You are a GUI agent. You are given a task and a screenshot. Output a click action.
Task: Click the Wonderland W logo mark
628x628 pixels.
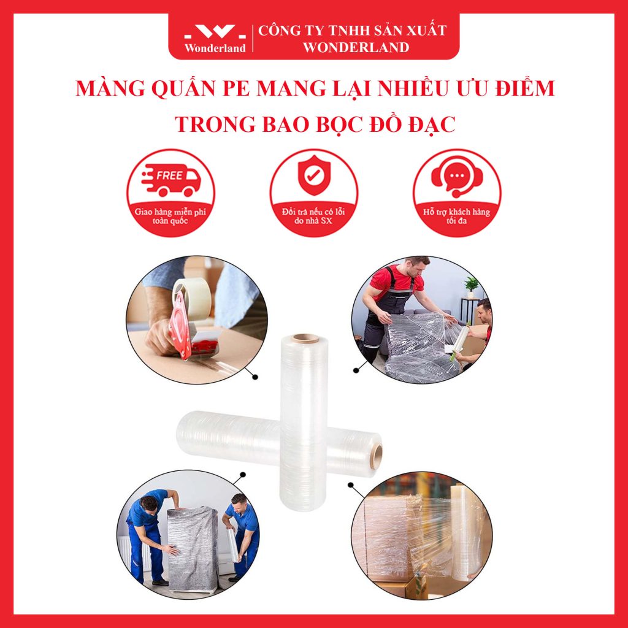[x=215, y=32]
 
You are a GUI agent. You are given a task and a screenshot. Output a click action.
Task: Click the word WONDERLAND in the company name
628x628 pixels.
[x=356, y=47]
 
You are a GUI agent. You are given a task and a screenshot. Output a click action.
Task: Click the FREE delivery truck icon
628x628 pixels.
[x=171, y=180]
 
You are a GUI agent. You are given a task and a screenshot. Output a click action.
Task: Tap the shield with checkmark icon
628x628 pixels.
[x=314, y=175]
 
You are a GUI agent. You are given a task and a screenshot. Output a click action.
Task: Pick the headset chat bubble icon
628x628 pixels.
[x=456, y=177]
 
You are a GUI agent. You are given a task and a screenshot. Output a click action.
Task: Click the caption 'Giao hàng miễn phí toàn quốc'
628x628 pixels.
[x=170, y=216]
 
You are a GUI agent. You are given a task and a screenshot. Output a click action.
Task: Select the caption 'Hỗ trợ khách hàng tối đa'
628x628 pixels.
[x=456, y=216]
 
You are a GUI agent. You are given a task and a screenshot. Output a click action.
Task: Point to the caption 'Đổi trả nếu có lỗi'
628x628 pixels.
[x=313, y=212]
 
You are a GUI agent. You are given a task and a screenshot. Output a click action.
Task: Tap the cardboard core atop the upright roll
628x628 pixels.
[x=305, y=338]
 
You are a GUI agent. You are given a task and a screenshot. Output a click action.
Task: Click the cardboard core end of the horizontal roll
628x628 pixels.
[x=376, y=456]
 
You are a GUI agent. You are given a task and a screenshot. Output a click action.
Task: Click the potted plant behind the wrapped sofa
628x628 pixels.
[x=471, y=288]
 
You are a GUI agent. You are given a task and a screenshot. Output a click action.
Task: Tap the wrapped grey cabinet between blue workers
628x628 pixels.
[x=193, y=548]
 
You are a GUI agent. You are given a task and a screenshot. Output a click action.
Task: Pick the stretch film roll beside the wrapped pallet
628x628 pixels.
[x=466, y=532]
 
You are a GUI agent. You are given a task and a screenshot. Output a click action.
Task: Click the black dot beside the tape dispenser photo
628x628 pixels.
[x=255, y=377]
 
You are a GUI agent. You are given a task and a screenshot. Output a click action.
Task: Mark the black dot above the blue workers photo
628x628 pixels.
[x=242, y=475]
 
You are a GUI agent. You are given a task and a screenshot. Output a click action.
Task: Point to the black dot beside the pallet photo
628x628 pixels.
[x=350, y=485]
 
